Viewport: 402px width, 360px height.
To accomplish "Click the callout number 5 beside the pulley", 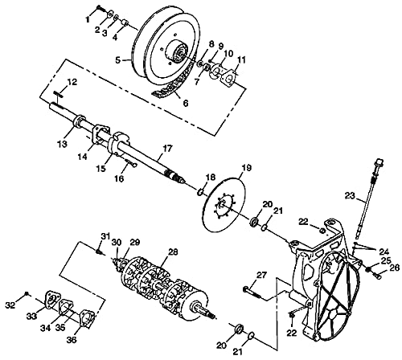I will click(x=117, y=59).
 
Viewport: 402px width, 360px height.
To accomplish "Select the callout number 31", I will click(x=105, y=235).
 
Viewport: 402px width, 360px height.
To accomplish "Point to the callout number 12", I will click(x=72, y=83).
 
